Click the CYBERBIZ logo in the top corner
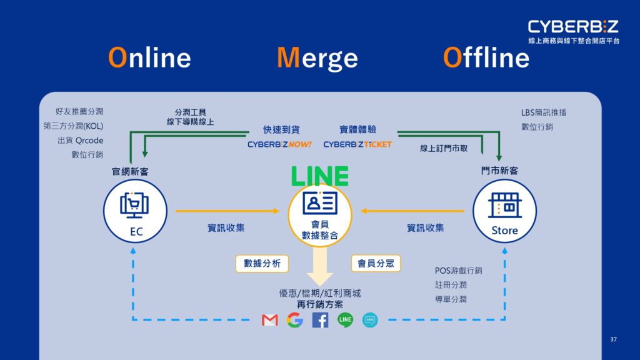click(574, 31)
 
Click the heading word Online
click(149, 57)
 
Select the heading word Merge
click(317, 58)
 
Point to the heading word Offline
click(486, 57)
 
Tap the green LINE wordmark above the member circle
click(319, 176)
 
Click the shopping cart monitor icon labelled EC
click(134, 206)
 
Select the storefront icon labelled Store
click(505, 205)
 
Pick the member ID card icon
click(320, 203)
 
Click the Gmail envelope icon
click(270, 320)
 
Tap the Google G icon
click(295, 320)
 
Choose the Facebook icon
click(320, 320)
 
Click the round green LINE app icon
click(345, 319)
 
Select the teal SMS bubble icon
click(370, 320)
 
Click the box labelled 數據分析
click(262, 264)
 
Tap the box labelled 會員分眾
click(376, 263)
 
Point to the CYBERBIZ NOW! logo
click(279, 144)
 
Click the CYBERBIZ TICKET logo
click(357, 144)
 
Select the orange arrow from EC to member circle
click(227, 211)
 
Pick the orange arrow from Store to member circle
click(412, 211)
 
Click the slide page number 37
click(614, 339)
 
